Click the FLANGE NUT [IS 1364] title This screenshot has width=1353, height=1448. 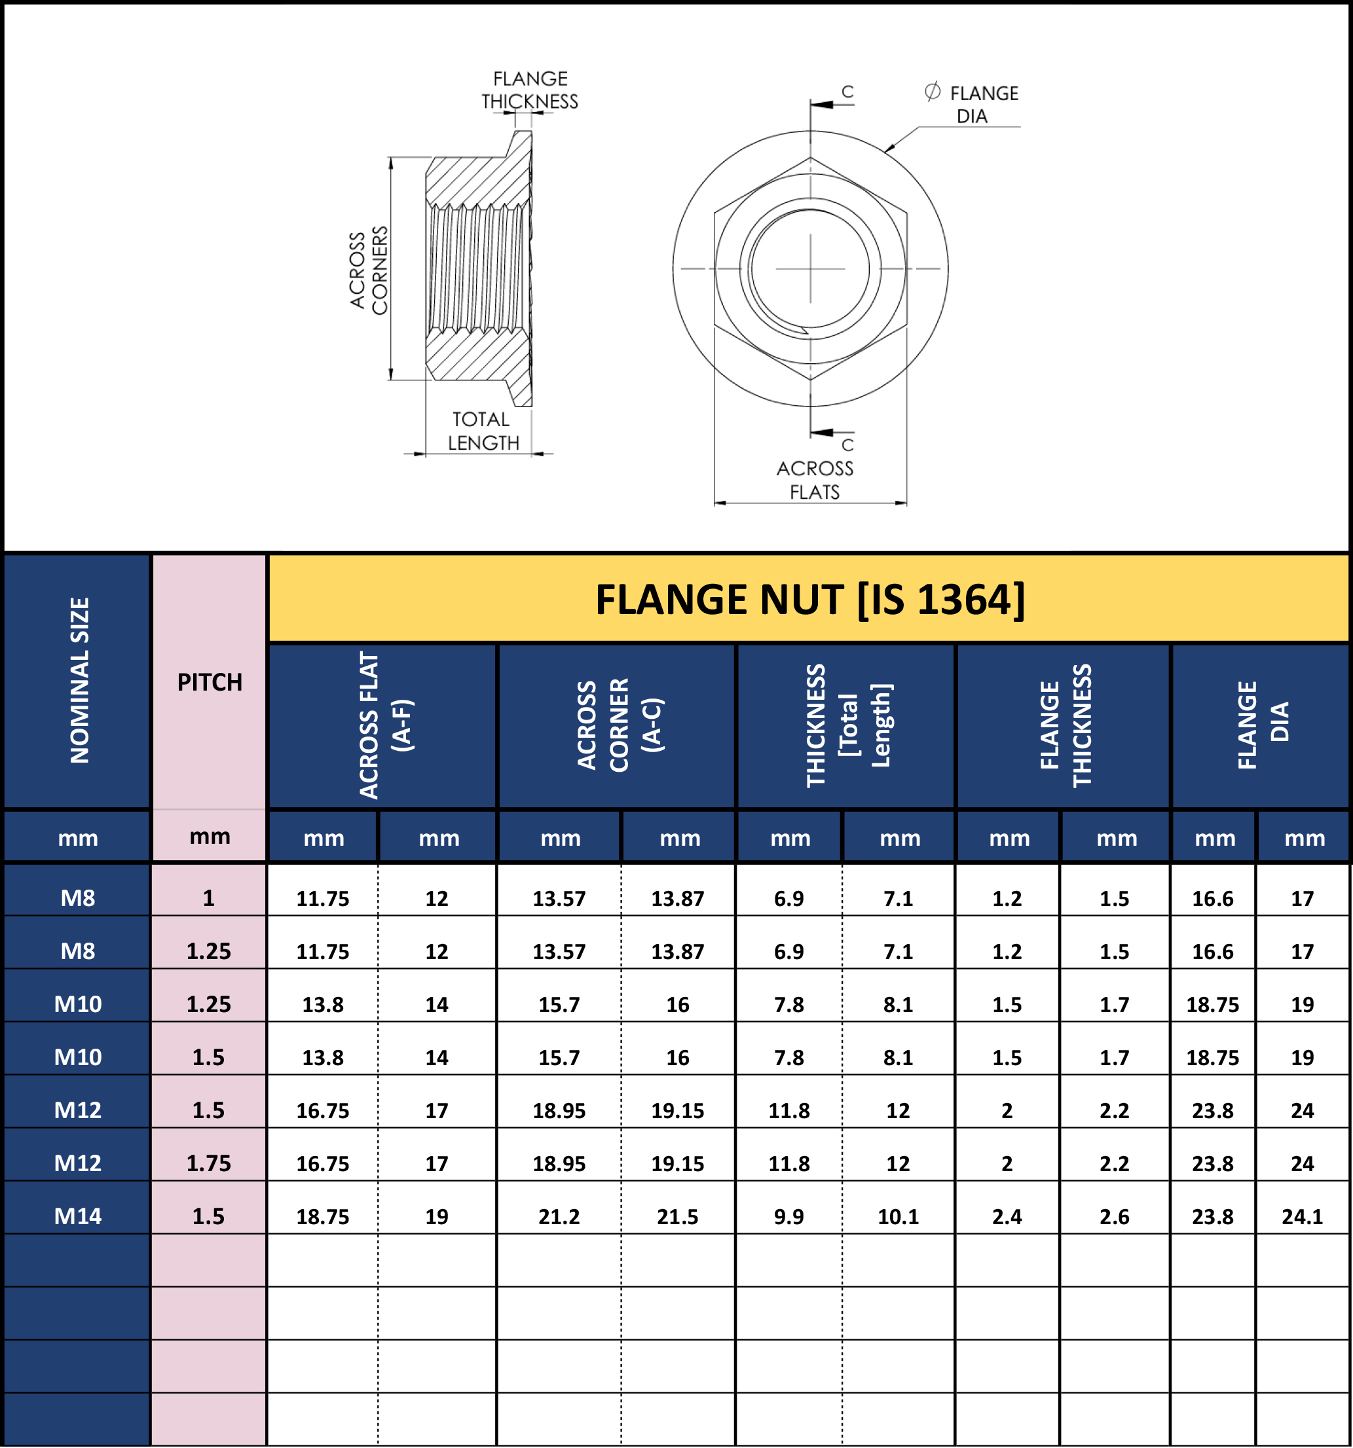click(809, 600)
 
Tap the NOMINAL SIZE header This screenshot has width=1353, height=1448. click(79, 680)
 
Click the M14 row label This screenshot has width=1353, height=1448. click(78, 1216)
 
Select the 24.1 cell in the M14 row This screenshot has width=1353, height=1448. click(1302, 1216)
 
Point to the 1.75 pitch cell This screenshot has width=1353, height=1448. click(208, 1163)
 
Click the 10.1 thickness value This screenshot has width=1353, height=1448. click(898, 1216)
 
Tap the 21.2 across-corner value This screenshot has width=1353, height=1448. click(559, 1216)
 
